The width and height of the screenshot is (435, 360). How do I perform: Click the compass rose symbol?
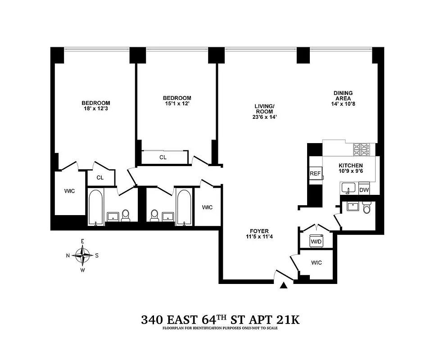click(x=82, y=256)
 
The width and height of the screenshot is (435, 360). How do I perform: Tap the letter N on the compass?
click(x=68, y=256)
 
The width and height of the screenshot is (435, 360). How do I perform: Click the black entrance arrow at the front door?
click(x=284, y=285)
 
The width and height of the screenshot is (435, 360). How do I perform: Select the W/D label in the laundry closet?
click(x=316, y=242)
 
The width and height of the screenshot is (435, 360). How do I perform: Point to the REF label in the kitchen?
click(x=314, y=174)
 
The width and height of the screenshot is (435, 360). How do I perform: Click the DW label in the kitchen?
click(x=363, y=190)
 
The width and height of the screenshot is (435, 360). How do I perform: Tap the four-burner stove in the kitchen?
click(x=361, y=148)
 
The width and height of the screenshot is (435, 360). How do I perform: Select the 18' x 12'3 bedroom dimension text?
click(x=95, y=109)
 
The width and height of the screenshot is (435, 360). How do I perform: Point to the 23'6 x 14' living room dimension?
click(x=265, y=117)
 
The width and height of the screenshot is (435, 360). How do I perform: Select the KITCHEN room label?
click(x=350, y=166)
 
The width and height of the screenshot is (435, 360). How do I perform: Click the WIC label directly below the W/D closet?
click(x=316, y=263)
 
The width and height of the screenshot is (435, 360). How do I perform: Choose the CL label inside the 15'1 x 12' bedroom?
click(x=163, y=157)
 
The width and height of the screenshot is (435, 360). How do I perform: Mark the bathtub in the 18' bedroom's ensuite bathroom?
click(x=95, y=207)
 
